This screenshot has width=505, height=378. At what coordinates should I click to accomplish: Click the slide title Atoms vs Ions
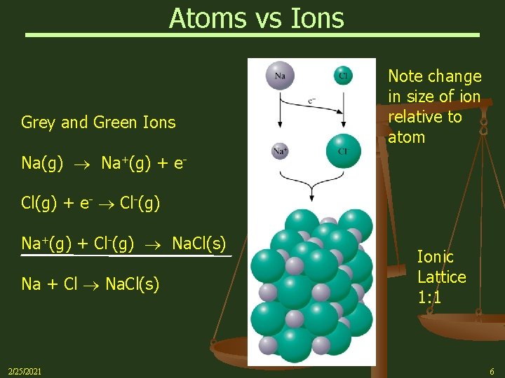click(256, 17)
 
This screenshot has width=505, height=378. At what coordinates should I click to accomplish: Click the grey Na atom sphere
click(280, 76)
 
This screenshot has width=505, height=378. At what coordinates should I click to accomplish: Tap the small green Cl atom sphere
click(343, 74)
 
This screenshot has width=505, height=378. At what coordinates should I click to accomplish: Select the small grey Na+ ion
click(280, 150)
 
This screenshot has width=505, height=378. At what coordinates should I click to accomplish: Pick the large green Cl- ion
click(343, 150)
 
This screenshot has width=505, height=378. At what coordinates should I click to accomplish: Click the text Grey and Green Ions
click(98, 122)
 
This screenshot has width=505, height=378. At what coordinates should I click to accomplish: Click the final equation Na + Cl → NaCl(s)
click(90, 284)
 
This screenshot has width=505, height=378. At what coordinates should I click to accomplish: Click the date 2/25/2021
click(24, 370)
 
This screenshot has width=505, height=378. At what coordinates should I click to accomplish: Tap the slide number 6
click(492, 370)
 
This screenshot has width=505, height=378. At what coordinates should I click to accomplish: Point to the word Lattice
click(441, 277)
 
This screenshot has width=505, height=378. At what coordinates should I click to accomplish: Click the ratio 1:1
click(429, 297)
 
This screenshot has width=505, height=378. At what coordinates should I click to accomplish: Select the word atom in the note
click(407, 137)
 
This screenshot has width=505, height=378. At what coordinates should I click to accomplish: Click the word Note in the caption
click(404, 76)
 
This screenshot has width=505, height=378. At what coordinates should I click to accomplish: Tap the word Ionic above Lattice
click(435, 257)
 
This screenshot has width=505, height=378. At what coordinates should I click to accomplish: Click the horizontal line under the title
click(252, 34)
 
